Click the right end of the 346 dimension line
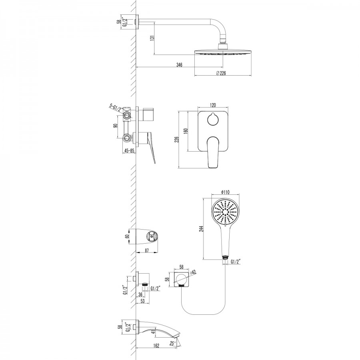[223, 67]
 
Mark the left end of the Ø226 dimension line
[195, 76]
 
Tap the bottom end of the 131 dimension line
[154, 55]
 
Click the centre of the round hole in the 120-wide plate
[213, 120]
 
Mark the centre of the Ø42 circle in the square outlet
[181, 279]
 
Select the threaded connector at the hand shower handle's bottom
[226, 257]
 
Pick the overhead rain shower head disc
[223, 52]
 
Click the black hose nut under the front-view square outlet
[181, 286]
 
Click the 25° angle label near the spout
[173, 343]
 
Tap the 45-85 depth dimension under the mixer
[129, 151]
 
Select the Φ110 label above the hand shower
[225, 192]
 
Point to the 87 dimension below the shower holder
[147, 250]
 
